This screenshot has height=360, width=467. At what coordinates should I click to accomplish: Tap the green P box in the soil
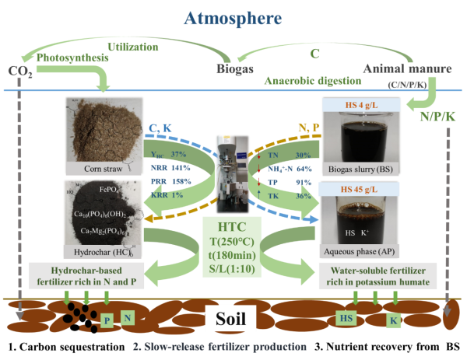tap(107, 320)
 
